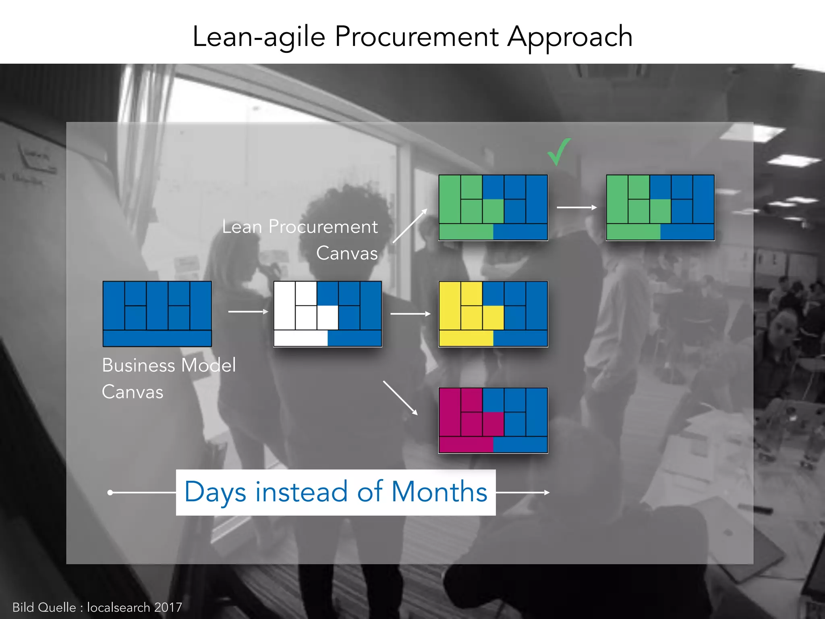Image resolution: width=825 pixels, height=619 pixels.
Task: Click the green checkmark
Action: (559, 152)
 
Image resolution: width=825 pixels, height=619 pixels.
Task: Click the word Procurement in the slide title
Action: (417, 37)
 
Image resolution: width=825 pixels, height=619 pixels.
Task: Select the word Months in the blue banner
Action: (439, 492)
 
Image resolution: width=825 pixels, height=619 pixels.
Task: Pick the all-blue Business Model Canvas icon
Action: (157, 314)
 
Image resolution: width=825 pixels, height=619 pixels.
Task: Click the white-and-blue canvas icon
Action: (328, 314)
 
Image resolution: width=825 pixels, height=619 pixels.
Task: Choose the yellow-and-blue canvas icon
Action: (493, 314)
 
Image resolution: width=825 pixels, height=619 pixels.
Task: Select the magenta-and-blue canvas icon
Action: (493, 420)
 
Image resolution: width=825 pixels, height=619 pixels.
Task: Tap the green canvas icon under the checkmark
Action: (493, 207)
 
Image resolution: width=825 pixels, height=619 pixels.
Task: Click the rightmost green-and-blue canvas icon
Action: (660, 207)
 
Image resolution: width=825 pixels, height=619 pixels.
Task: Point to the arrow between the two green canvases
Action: (576, 207)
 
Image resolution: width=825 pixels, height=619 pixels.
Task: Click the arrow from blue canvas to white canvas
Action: (248, 312)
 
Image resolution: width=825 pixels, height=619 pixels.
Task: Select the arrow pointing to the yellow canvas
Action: (410, 314)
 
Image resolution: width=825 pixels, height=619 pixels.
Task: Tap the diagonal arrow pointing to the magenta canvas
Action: (400, 397)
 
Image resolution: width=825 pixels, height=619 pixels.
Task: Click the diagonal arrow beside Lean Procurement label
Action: (410, 226)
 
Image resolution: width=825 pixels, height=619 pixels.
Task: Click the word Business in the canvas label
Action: (138, 366)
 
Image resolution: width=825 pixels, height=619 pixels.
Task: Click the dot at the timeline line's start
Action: (110, 492)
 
